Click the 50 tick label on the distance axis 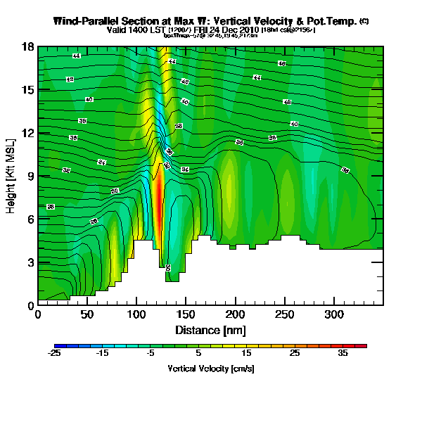pos(87,314)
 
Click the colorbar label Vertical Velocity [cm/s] pos(210,369)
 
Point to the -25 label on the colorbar pos(55,354)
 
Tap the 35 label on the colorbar pos(343,354)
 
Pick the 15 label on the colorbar pos(246,354)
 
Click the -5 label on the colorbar pos(151,354)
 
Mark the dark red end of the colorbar pos(364,346)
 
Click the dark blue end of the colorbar pos(58,346)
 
